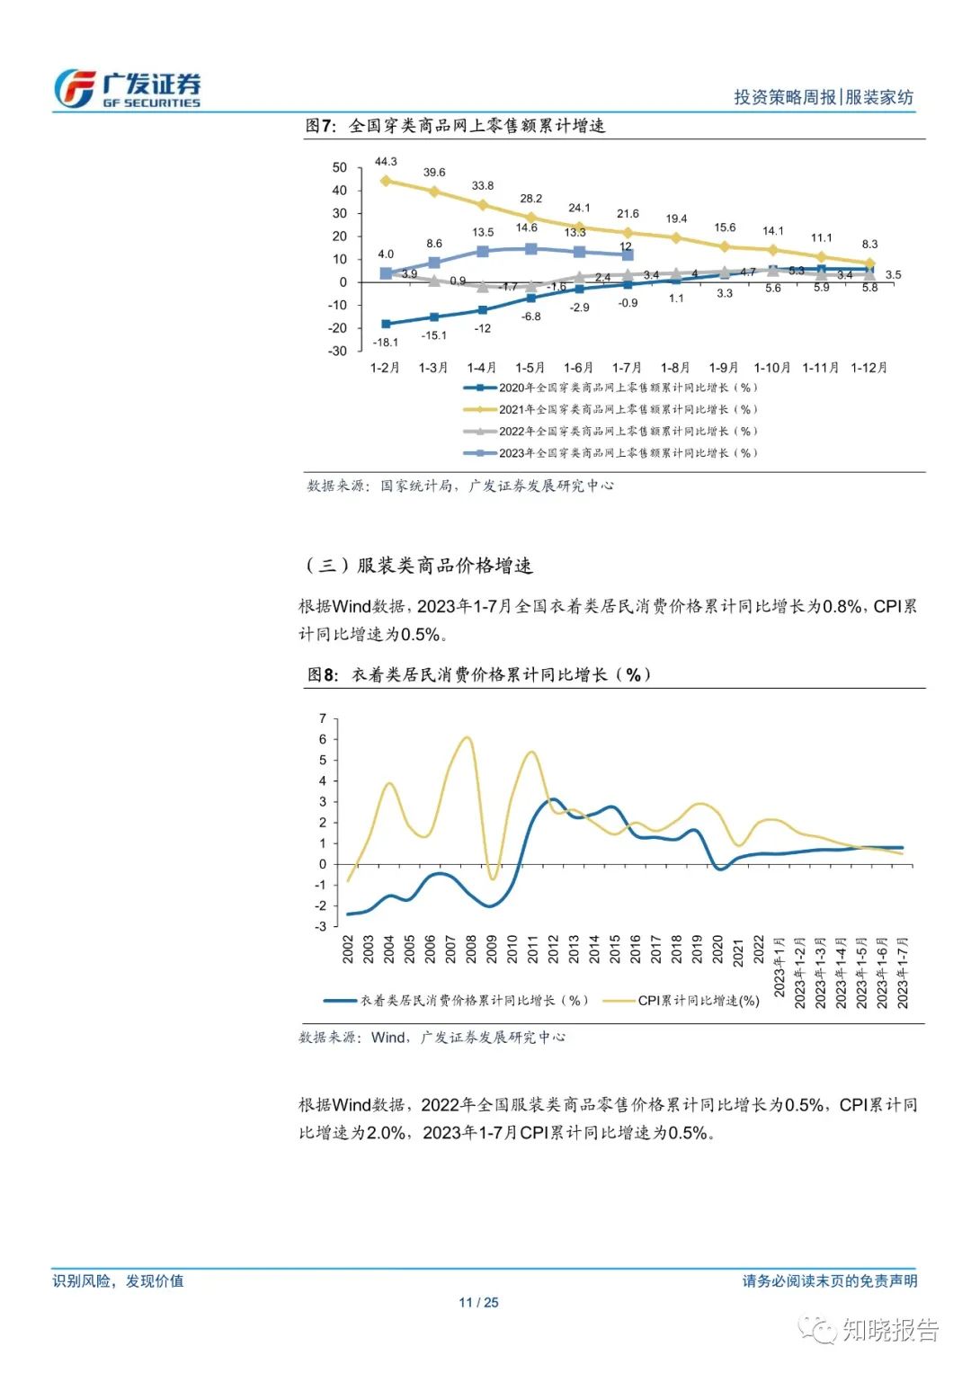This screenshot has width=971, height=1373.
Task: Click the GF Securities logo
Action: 127,89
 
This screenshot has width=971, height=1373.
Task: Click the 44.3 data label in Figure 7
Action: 386,162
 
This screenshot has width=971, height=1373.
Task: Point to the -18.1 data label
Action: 386,343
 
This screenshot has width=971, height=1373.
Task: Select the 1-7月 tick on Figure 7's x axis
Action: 627,368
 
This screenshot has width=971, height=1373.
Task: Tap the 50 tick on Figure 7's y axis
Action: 339,168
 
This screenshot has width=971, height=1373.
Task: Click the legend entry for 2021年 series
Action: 611,409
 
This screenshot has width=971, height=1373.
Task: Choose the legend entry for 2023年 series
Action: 611,453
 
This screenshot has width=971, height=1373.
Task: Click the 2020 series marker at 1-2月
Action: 386,324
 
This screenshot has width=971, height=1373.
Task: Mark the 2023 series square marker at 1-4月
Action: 483,251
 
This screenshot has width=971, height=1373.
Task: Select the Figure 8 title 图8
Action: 322,674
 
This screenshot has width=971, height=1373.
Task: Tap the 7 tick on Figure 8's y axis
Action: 323,718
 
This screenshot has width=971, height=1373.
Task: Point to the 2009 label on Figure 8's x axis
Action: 492,950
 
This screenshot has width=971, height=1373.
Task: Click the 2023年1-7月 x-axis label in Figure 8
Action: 903,973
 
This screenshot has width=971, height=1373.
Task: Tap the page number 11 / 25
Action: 478,1302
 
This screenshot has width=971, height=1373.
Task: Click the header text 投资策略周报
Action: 784,97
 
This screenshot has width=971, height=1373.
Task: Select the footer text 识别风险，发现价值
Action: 118,1280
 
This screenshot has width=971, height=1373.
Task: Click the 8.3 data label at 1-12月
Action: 869,245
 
